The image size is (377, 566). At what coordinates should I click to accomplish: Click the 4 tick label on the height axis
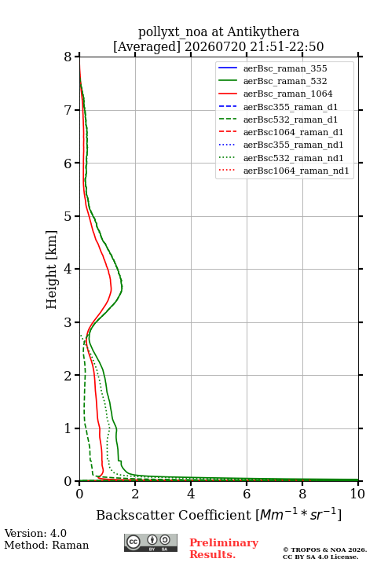[x=68, y=270]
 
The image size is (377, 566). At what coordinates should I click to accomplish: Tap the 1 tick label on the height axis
[x=68, y=428]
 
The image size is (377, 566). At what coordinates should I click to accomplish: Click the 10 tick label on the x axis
[x=357, y=494]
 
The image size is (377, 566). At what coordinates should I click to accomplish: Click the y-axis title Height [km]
[x=51, y=270]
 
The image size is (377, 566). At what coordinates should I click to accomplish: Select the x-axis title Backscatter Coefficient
[x=174, y=515]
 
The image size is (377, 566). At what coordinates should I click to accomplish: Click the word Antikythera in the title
[x=263, y=32]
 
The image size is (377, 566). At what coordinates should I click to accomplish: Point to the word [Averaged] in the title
[x=147, y=47]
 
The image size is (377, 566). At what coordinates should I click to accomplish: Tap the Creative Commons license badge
[x=151, y=543]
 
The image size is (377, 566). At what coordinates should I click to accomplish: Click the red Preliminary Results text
[x=224, y=549]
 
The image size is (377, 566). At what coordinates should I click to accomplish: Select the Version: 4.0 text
[x=35, y=533]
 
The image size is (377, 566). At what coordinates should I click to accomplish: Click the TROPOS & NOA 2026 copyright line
[x=324, y=549]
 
